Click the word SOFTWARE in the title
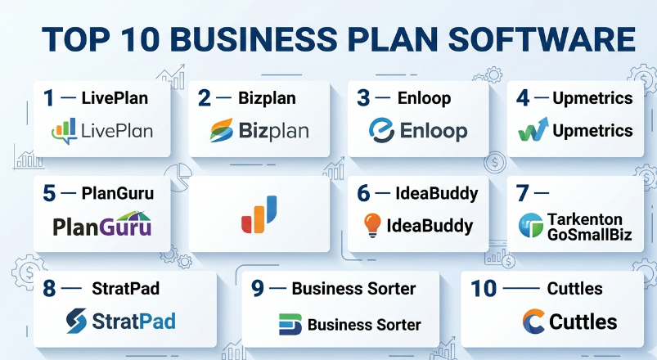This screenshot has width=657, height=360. (x=542, y=39)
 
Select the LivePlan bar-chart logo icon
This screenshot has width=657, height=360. (x=65, y=131)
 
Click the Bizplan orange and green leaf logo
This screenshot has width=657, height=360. (x=221, y=130)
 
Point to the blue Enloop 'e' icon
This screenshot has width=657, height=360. (x=382, y=130)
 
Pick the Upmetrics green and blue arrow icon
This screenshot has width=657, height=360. (x=533, y=129)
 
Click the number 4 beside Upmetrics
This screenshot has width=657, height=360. (x=523, y=98)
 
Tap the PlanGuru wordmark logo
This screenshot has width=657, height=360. (x=101, y=224)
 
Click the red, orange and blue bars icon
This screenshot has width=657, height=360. (x=259, y=214)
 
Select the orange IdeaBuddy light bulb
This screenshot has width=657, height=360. (x=372, y=225)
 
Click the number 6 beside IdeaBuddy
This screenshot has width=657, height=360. (x=363, y=193)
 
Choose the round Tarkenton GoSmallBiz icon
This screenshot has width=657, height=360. (x=531, y=226)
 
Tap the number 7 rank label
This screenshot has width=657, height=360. (x=523, y=193)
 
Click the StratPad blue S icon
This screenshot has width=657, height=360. (x=76, y=321)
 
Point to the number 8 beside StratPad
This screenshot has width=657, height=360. (x=49, y=288)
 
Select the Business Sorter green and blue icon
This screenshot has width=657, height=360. (x=290, y=324)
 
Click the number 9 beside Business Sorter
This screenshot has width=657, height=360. (x=257, y=288)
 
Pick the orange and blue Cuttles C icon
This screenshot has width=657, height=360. (x=533, y=322)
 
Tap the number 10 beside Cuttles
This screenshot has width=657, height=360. (x=484, y=288)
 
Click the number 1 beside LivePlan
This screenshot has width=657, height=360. (x=48, y=98)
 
